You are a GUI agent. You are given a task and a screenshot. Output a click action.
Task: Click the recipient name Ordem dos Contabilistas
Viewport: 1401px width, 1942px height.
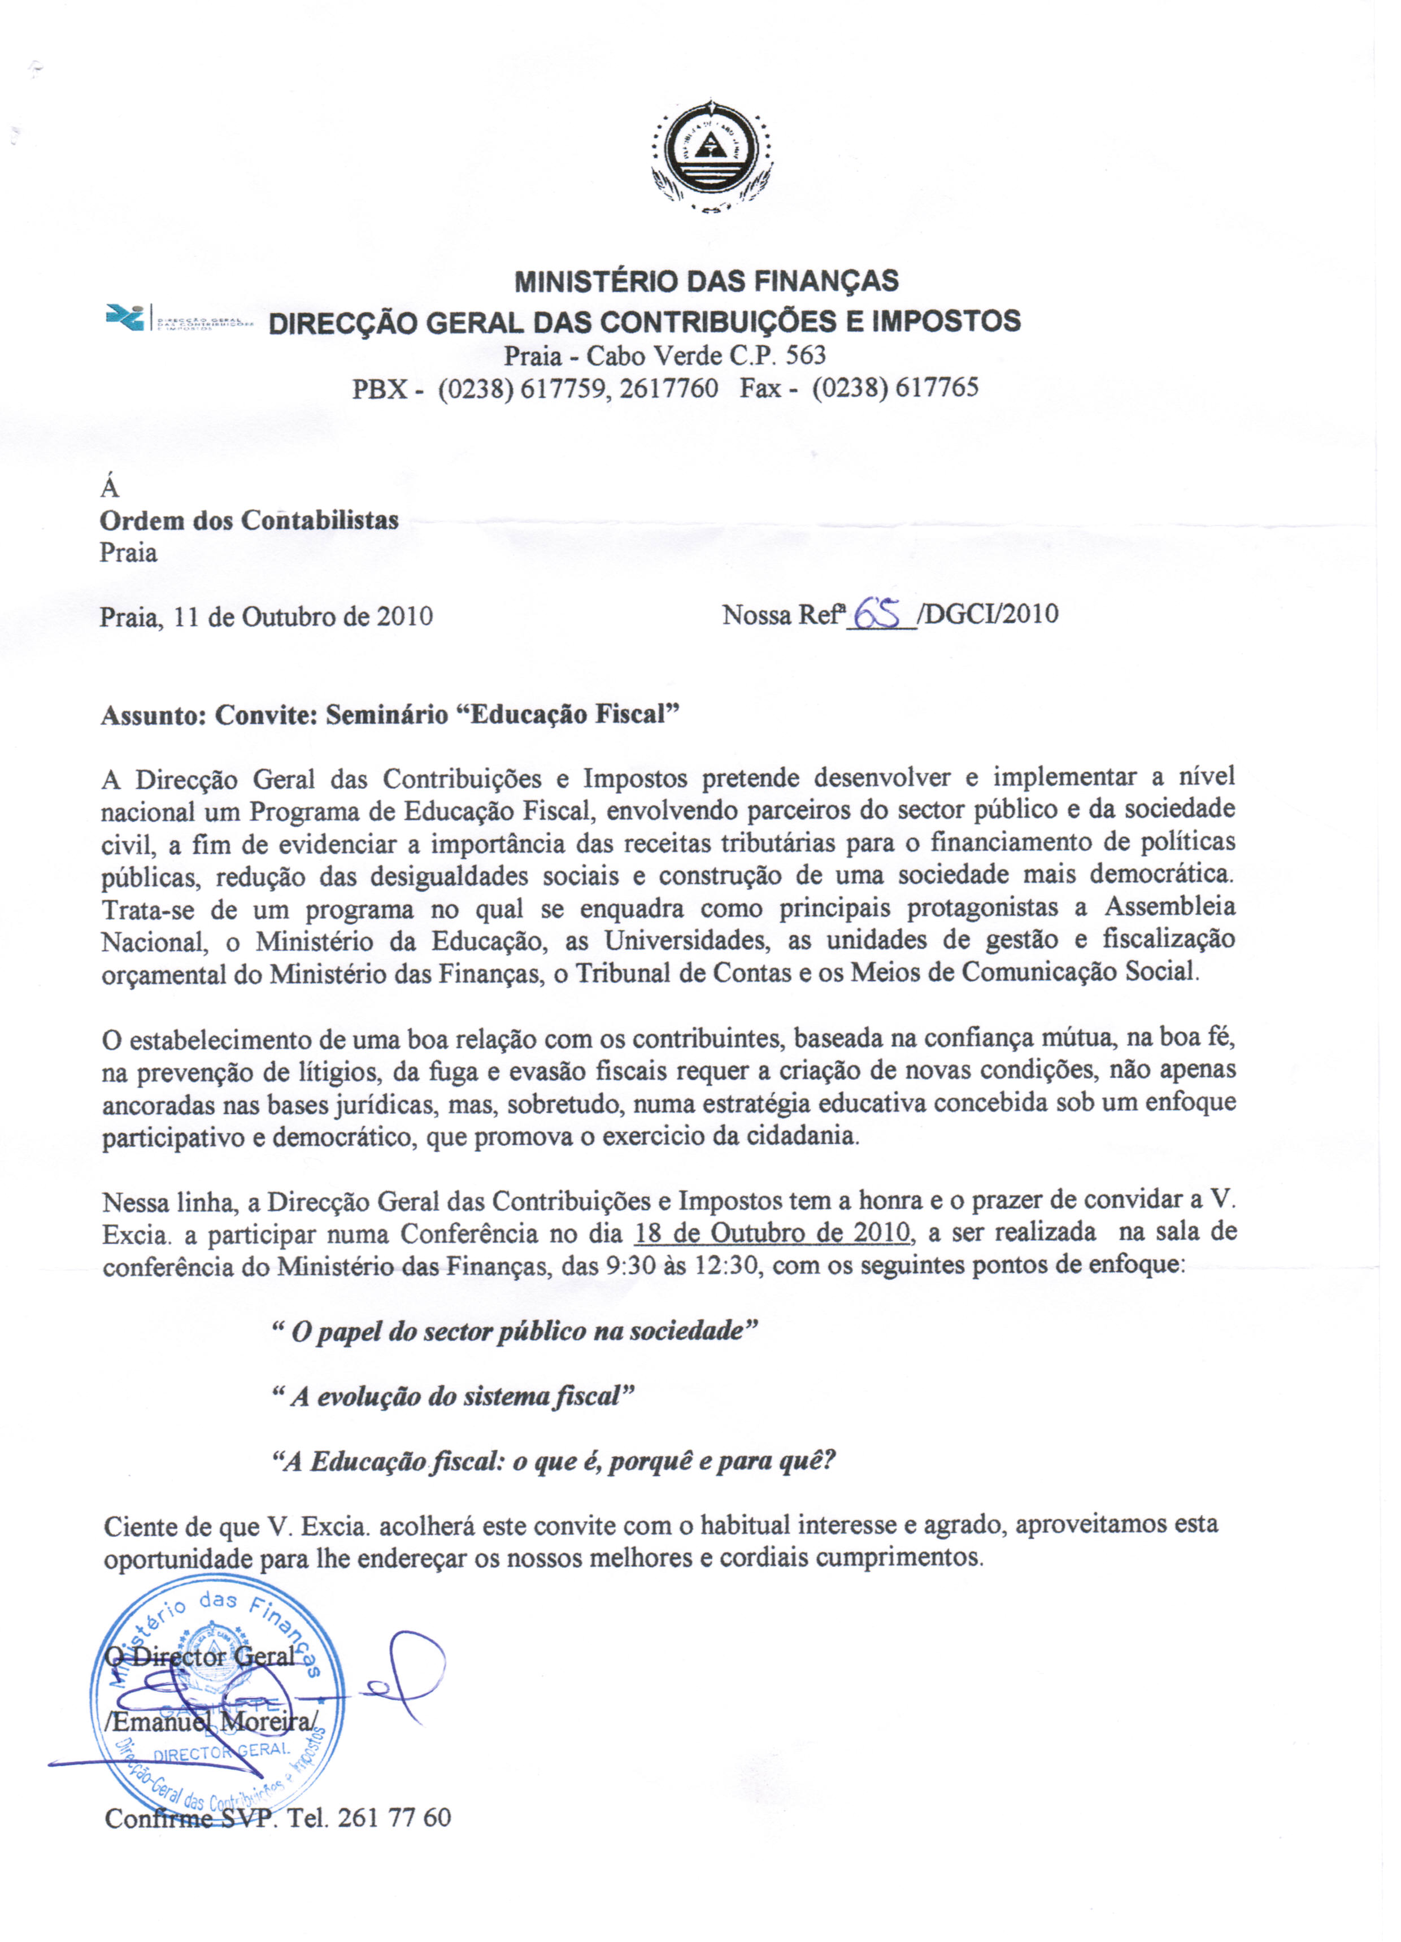coord(249,520)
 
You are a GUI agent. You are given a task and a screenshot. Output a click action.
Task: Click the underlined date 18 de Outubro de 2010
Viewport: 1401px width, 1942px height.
coord(771,1232)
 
